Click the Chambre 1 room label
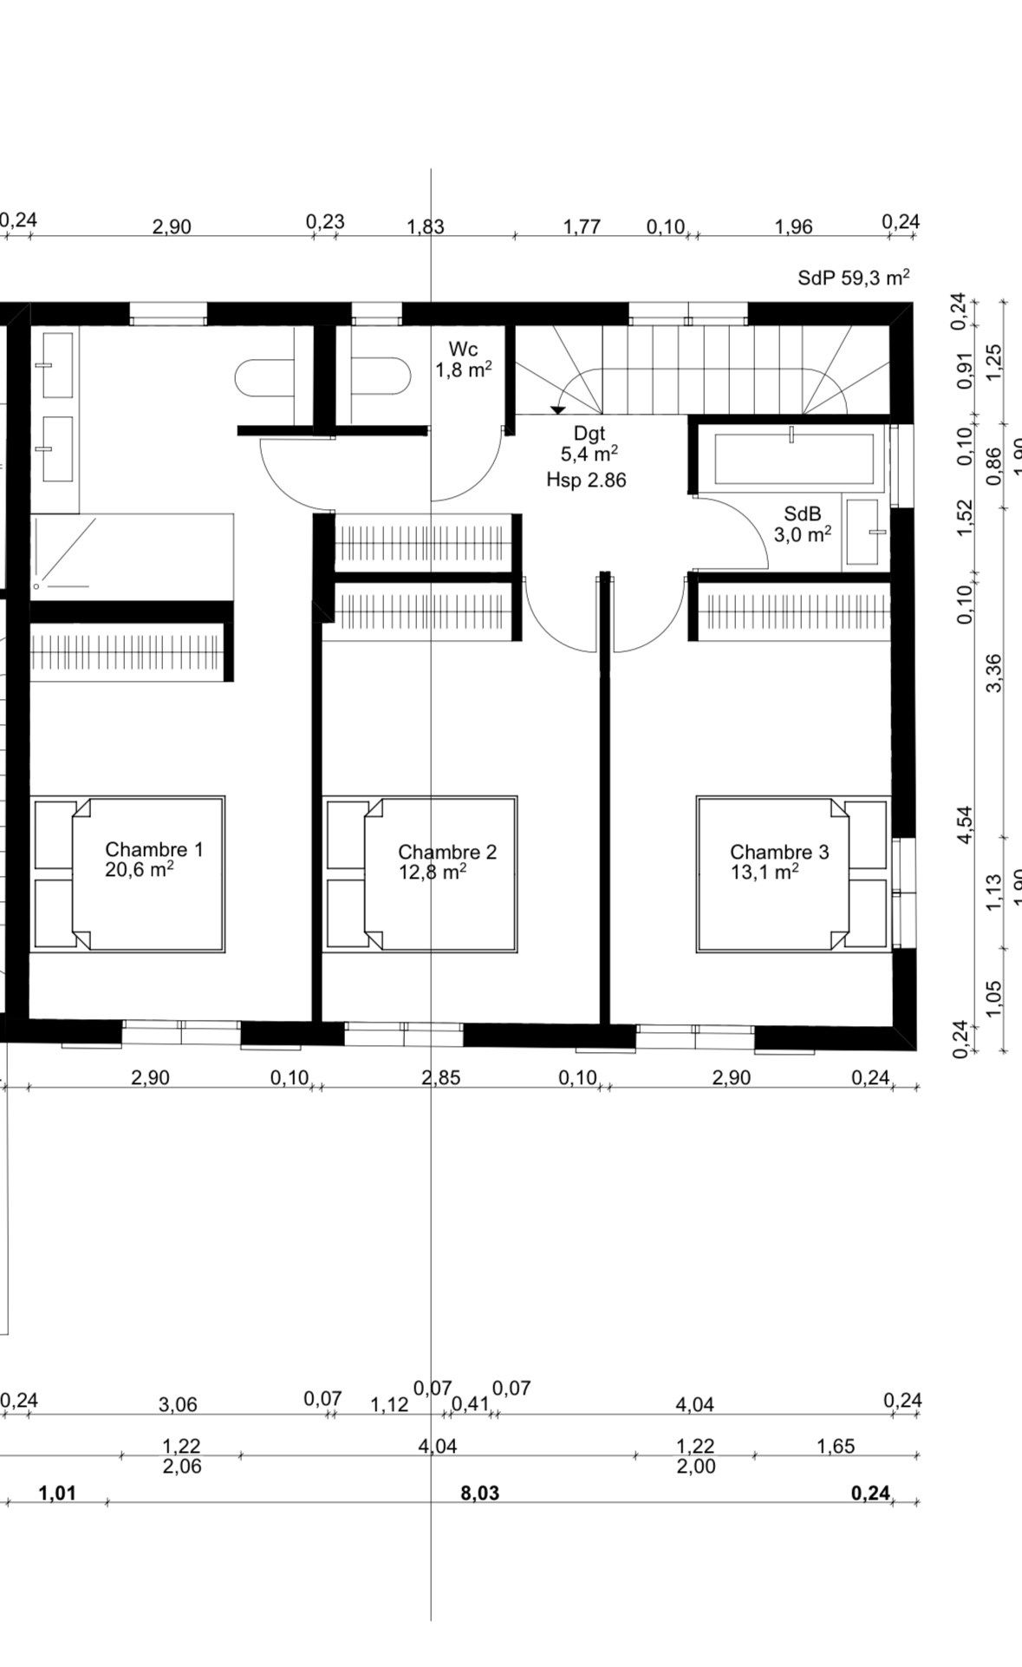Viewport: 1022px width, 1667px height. coord(153,849)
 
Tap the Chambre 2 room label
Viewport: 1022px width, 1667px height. coord(446,852)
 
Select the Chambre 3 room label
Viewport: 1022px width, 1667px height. coord(778,852)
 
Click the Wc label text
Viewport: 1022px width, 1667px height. coord(463,350)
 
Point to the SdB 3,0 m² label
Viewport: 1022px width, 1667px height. coord(803,525)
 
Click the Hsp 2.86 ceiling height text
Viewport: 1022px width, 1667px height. coord(586,480)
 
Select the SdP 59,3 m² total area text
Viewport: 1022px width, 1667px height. coord(853,278)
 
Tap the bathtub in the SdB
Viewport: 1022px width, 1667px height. coord(793,457)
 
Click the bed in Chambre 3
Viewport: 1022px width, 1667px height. coord(792,874)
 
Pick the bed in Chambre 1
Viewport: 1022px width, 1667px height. coord(128,874)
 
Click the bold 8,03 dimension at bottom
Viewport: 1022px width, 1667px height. coord(481,1494)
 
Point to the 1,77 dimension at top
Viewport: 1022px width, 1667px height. coord(582,227)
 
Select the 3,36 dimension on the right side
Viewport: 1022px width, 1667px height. coord(993,672)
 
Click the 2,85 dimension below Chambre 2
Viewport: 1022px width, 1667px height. coord(440,1078)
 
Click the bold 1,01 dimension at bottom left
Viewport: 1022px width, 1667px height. coord(57,1494)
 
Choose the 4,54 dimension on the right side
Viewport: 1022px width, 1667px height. coord(965,824)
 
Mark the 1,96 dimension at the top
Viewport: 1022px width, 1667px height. coord(793,227)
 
